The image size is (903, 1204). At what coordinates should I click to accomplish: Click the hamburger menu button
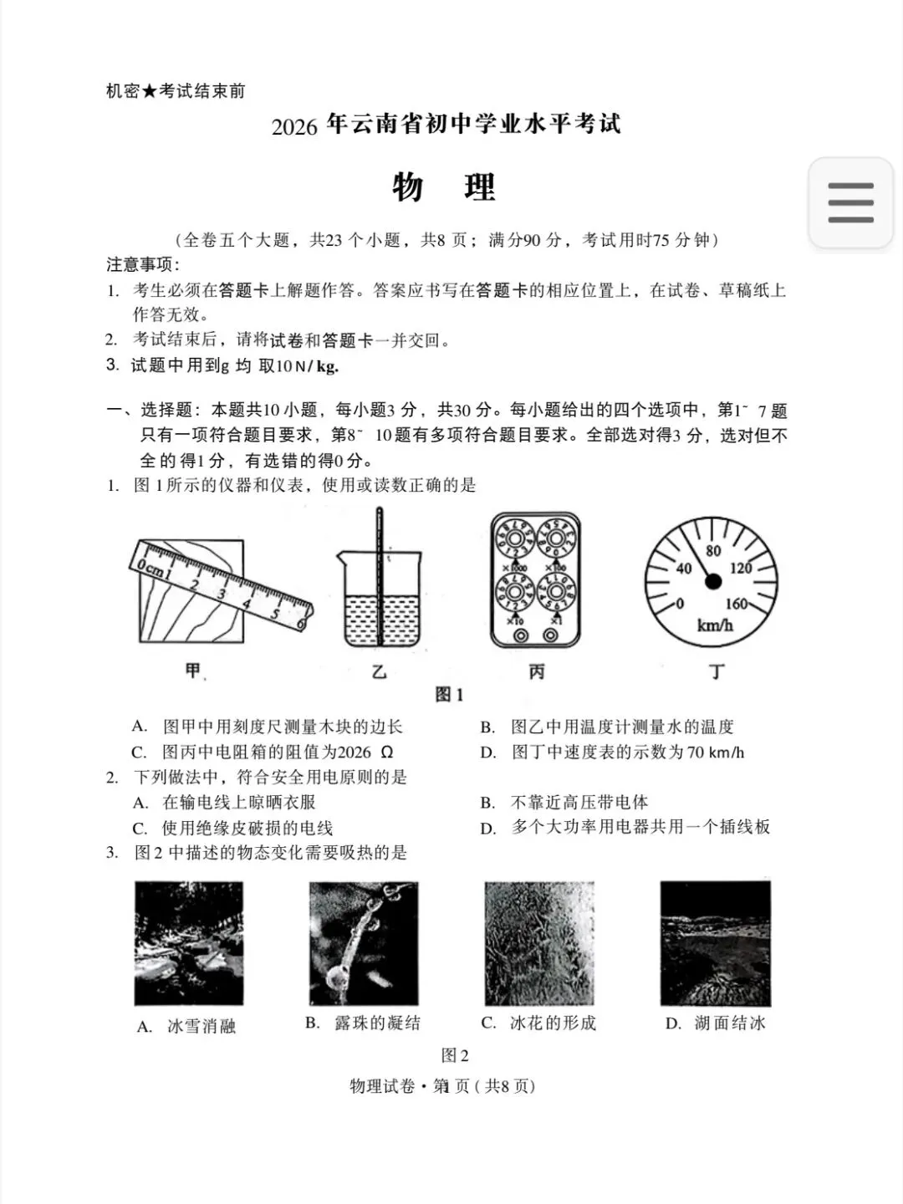pos(850,202)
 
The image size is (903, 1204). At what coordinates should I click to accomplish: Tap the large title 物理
pos(444,187)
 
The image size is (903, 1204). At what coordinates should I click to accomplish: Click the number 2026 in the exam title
pos(294,127)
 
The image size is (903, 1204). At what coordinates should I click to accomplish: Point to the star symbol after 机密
pos(149,90)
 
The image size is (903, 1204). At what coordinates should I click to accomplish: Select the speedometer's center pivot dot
pos(712,581)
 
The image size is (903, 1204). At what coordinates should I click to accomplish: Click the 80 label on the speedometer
pos(712,550)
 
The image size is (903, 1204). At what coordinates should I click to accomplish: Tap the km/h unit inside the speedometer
pos(714,625)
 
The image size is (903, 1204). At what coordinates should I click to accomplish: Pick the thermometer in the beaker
pos(379,576)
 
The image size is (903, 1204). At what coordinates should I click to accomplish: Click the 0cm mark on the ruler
pos(148,567)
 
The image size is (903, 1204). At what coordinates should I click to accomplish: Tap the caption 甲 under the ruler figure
pos(193,671)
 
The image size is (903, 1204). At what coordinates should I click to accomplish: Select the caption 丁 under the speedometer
pos(716,671)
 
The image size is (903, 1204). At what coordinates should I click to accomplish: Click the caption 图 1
pos(449,695)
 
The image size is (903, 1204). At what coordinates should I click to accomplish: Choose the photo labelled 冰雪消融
pos(189,943)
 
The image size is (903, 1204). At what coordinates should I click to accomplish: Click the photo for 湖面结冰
pos(716,943)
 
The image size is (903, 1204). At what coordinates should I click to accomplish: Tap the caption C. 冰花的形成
pos(538,1023)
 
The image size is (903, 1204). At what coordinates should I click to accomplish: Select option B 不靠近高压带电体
pos(564,803)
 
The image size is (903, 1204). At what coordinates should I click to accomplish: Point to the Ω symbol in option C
pos(386,752)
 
